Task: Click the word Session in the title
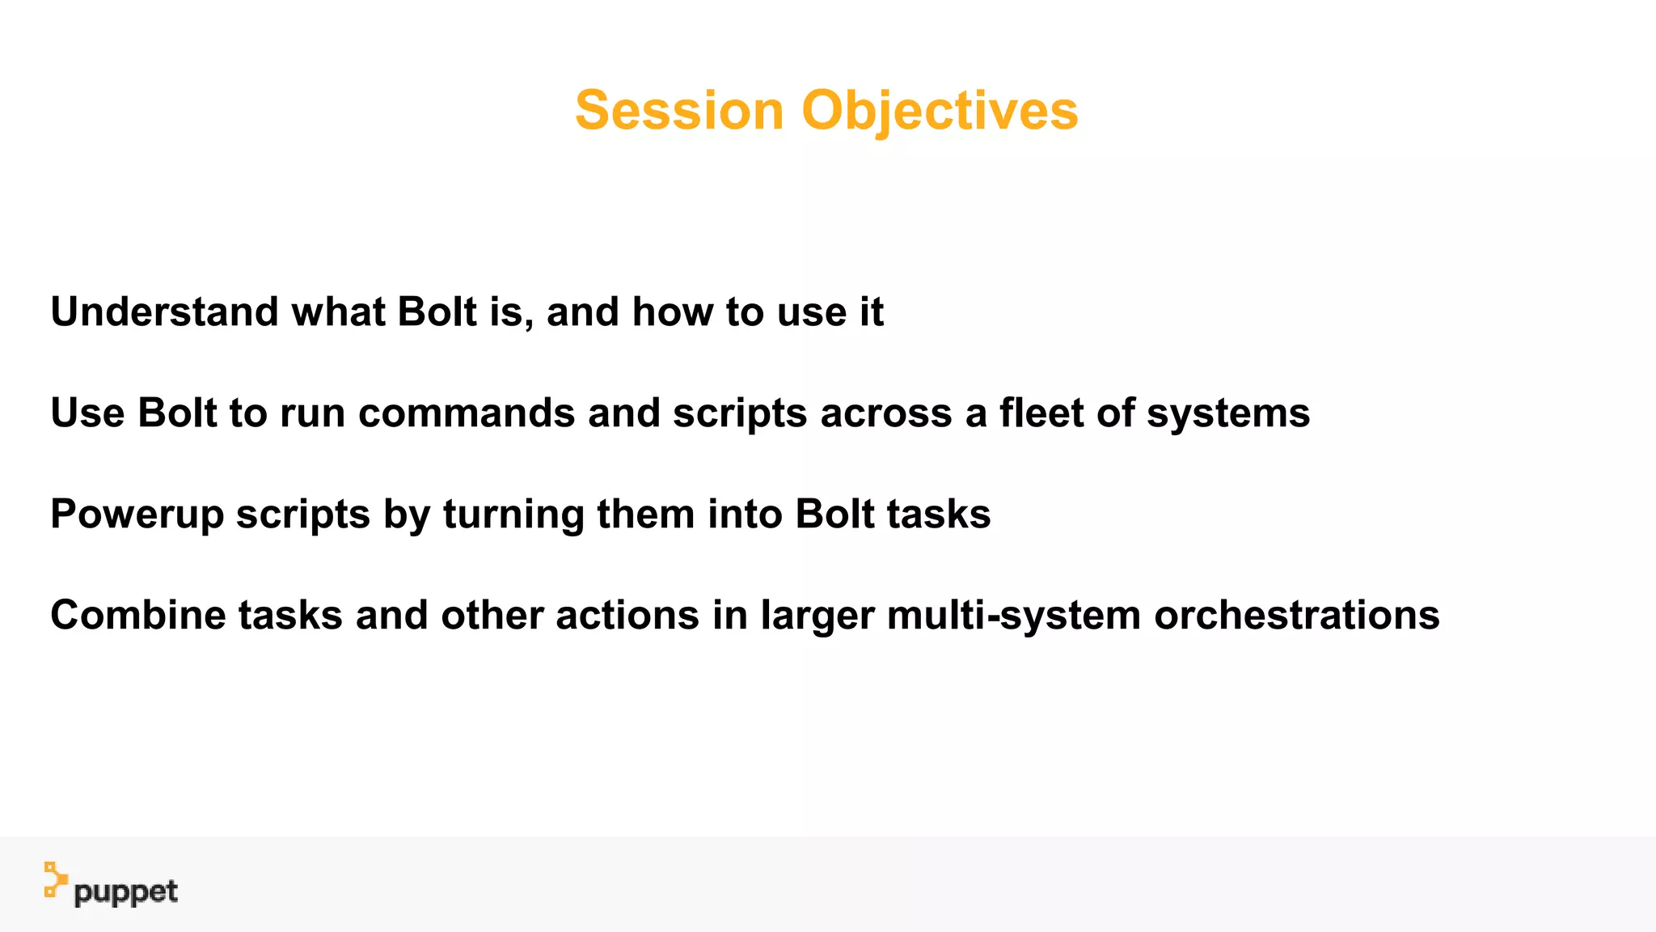pyautogui.click(x=679, y=111)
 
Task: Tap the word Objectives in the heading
pyautogui.click(x=940, y=111)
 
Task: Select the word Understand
pyautogui.click(x=164, y=312)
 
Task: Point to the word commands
pyautogui.click(x=467, y=413)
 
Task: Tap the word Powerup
pyautogui.click(x=137, y=515)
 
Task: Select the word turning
pyautogui.click(x=513, y=515)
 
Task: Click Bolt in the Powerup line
pyautogui.click(x=834, y=515)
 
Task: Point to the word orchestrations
pyautogui.click(x=1296, y=616)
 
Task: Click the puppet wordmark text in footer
pyautogui.click(x=125, y=892)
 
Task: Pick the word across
pyautogui.click(x=886, y=413)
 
